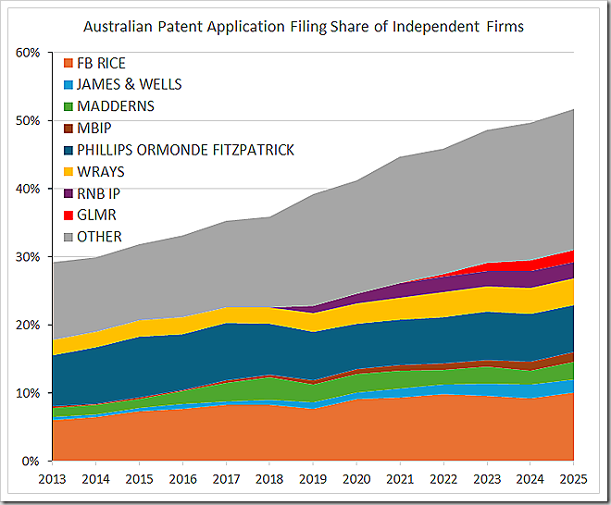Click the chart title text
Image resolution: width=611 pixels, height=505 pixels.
coord(304,26)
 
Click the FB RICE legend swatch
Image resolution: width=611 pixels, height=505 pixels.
coord(68,63)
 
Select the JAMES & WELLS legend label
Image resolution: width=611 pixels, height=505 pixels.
coord(129,84)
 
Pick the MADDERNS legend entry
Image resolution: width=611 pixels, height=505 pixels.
coord(115,106)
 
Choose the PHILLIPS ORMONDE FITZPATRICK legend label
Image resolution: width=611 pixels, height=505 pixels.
coord(185,150)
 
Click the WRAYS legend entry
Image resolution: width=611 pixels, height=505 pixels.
coord(100,171)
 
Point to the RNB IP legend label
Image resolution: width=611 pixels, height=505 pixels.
coord(99,193)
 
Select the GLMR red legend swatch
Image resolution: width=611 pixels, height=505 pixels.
coord(68,215)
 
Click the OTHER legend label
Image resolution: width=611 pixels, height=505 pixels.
coord(99,237)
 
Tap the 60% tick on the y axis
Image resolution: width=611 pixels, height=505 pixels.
coord(28,53)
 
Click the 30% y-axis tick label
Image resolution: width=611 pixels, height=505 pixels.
coord(28,257)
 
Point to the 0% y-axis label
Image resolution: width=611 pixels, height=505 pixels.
coord(31,462)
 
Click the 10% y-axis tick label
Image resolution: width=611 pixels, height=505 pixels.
coord(28,393)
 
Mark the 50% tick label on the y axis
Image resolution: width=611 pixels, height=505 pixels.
coord(28,121)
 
